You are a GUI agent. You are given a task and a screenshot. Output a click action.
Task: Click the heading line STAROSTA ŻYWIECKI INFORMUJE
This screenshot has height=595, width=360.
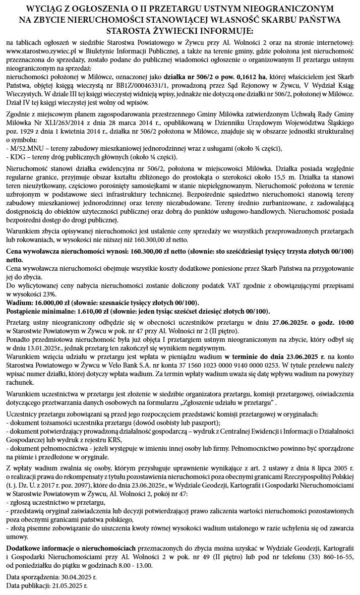pyautogui.click(x=179, y=31)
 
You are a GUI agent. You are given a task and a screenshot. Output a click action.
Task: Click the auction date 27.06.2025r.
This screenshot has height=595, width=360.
pyautogui.click(x=290, y=322)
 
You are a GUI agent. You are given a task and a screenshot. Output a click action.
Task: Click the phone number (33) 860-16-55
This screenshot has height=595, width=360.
pyautogui.click(x=332, y=557)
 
